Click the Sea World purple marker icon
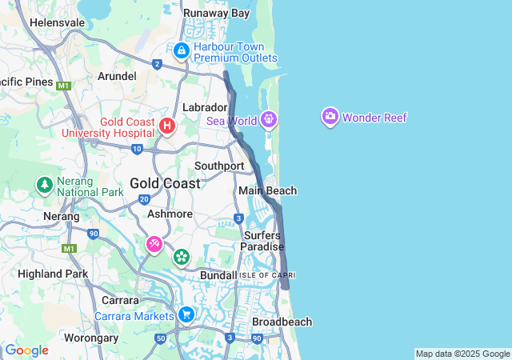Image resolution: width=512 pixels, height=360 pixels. [x=268, y=120]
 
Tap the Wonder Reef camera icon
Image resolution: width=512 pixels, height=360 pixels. [x=330, y=118]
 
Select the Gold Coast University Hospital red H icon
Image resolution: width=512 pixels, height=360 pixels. [x=167, y=126]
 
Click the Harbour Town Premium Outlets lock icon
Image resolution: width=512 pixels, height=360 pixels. [x=182, y=52]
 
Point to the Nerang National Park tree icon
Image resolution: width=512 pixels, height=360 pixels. [x=45, y=186]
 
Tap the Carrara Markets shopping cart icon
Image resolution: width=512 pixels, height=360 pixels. [x=186, y=314]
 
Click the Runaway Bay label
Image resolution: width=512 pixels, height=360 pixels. [x=216, y=13]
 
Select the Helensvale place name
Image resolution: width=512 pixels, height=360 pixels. [x=57, y=22]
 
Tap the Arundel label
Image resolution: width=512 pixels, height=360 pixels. [x=117, y=76]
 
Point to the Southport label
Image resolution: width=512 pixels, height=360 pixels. [x=219, y=166]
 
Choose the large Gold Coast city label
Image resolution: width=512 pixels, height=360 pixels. [x=166, y=183]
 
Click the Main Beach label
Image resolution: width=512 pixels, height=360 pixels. [x=267, y=190]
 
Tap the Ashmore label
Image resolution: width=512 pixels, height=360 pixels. [x=170, y=214]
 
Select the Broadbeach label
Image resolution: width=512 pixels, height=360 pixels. [x=282, y=322]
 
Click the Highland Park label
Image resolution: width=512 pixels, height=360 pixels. [x=53, y=274]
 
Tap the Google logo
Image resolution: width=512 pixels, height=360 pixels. [x=26, y=350]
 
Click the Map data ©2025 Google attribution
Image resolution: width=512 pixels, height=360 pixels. [x=462, y=354]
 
